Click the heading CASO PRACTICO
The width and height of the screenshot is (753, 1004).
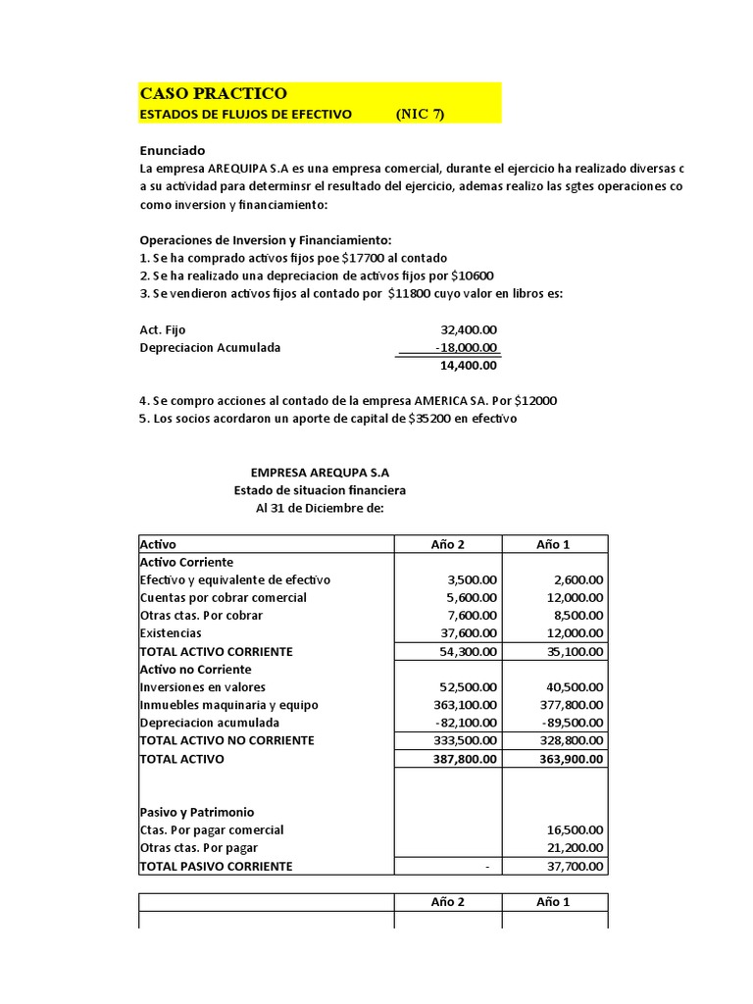214,93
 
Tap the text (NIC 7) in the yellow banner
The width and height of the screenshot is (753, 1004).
420,114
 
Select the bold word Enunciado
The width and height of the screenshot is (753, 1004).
173,151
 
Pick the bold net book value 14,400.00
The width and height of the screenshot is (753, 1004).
469,366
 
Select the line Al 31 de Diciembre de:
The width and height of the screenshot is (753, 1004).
320,508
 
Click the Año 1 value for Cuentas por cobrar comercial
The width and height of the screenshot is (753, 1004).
574,598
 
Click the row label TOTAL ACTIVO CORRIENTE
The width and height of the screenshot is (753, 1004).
216,651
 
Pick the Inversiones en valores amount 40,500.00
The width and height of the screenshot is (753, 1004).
574,687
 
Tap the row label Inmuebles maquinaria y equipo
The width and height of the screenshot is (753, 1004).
228,705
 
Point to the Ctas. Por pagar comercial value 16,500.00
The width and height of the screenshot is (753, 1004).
574,830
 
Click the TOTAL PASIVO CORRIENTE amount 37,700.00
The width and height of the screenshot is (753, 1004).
574,867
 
